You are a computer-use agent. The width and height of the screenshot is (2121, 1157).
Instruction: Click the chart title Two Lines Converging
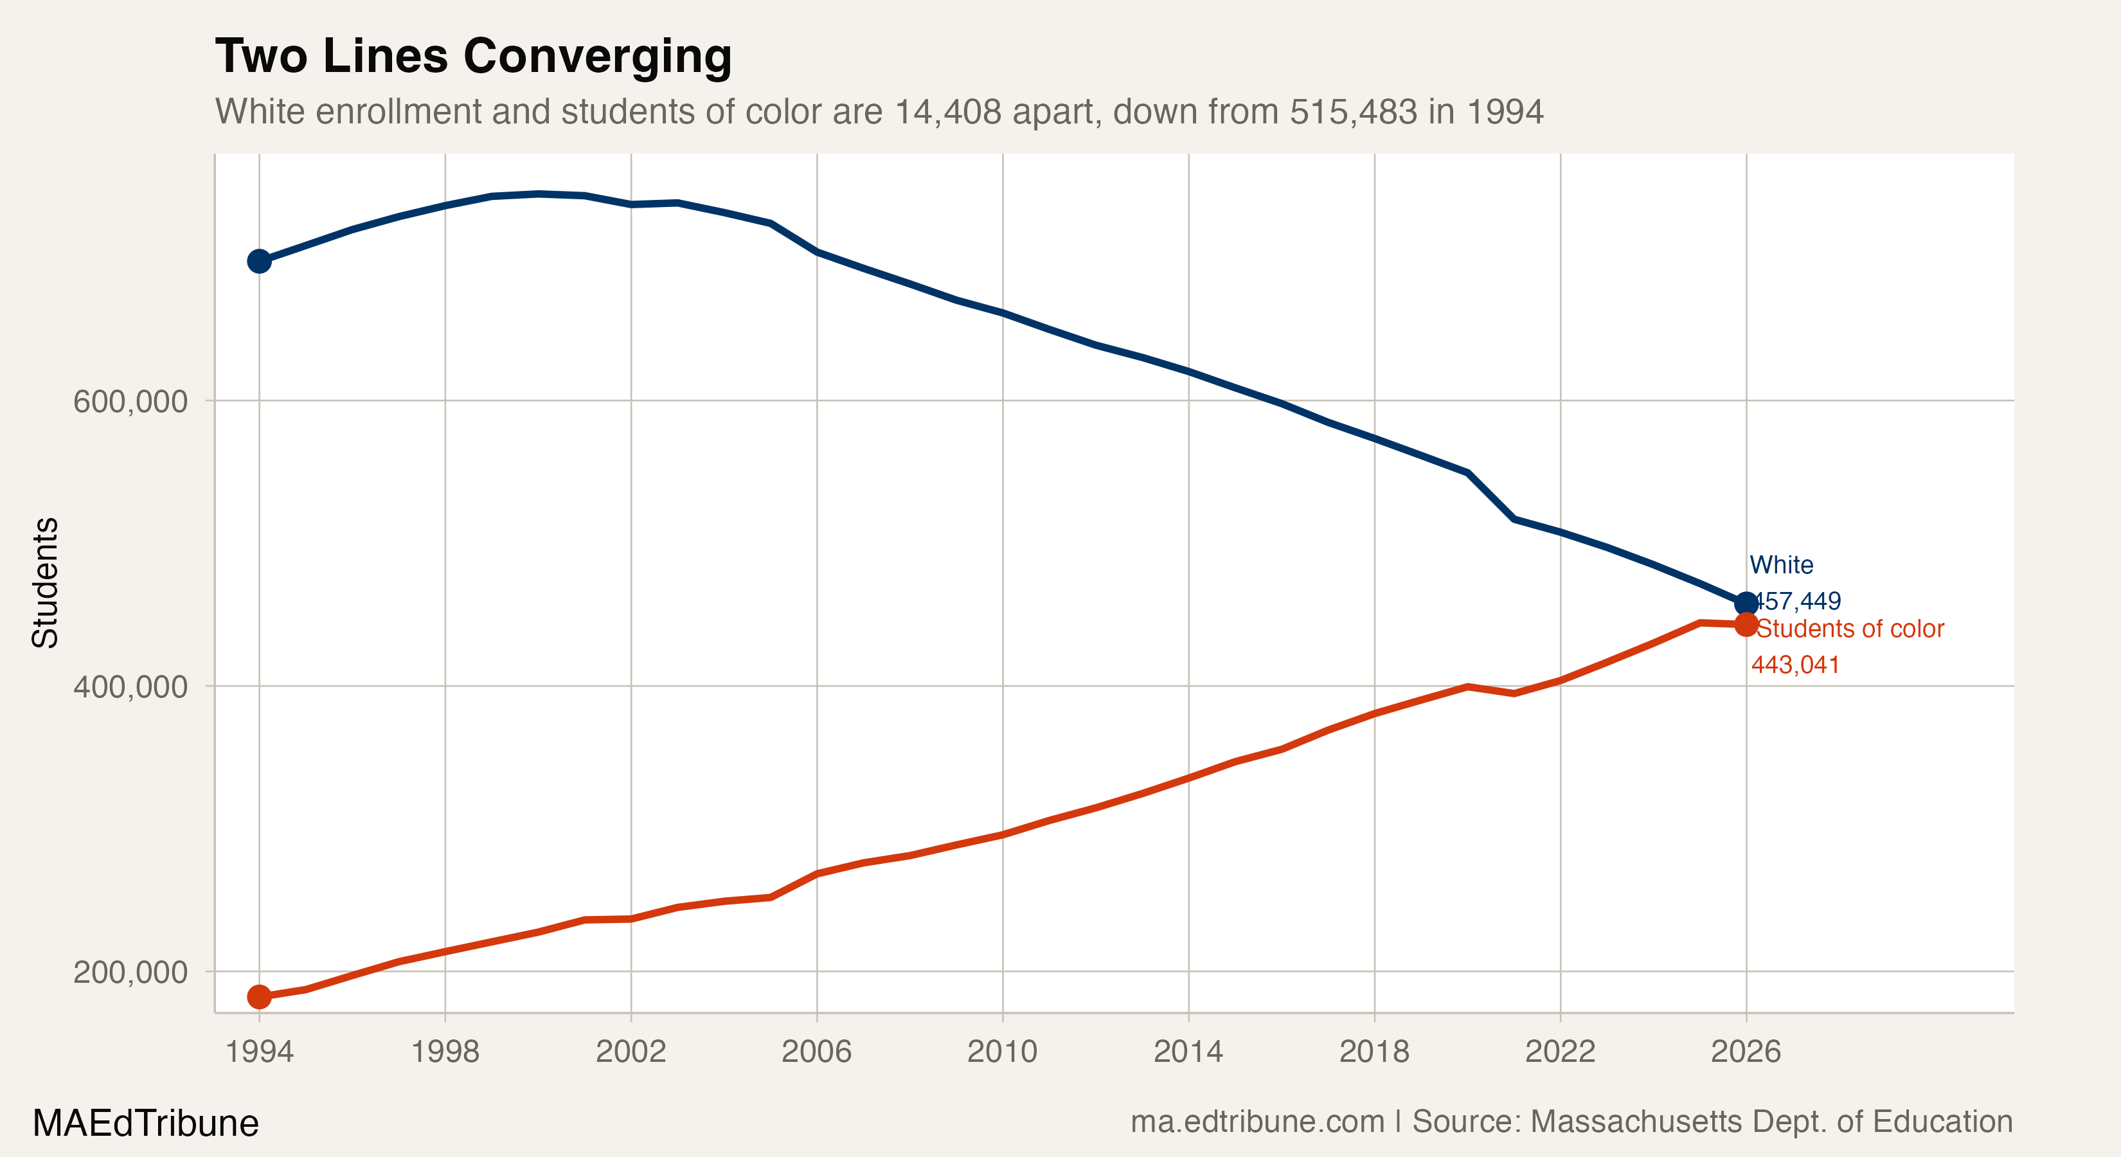pyautogui.click(x=474, y=56)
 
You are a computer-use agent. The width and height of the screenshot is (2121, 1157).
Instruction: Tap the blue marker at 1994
pyautogui.click(x=260, y=261)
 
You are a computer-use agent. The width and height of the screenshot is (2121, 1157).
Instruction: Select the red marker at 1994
pyautogui.click(x=260, y=996)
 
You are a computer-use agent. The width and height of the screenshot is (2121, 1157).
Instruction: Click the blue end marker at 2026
pyautogui.click(x=1746, y=604)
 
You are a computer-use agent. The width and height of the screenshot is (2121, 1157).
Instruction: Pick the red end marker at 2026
pyautogui.click(x=1746, y=624)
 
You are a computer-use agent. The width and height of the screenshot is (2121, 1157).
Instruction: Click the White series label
pyautogui.click(x=1781, y=565)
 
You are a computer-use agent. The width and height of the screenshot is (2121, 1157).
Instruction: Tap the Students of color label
pyautogui.click(x=1850, y=629)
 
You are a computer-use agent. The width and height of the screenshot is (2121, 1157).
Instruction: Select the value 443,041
pyautogui.click(x=1795, y=665)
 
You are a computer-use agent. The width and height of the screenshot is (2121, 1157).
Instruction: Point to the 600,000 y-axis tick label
pyautogui.click(x=130, y=402)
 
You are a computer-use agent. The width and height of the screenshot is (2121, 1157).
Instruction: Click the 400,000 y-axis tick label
pyautogui.click(x=130, y=686)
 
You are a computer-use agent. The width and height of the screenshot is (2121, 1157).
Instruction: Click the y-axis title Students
pyautogui.click(x=45, y=582)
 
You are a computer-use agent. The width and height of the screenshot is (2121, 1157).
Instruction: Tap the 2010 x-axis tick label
pyautogui.click(x=1002, y=1052)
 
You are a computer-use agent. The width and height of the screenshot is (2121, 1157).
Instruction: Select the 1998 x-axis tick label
pyautogui.click(x=445, y=1052)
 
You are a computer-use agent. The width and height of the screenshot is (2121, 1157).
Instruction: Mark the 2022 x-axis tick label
pyautogui.click(x=1559, y=1052)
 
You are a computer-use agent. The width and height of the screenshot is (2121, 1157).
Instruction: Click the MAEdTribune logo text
pyautogui.click(x=146, y=1123)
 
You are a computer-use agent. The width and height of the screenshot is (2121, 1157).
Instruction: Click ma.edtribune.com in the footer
pyautogui.click(x=1257, y=1122)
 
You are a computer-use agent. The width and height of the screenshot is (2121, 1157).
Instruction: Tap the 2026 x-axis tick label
pyautogui.click(x=1746, y=1052)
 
